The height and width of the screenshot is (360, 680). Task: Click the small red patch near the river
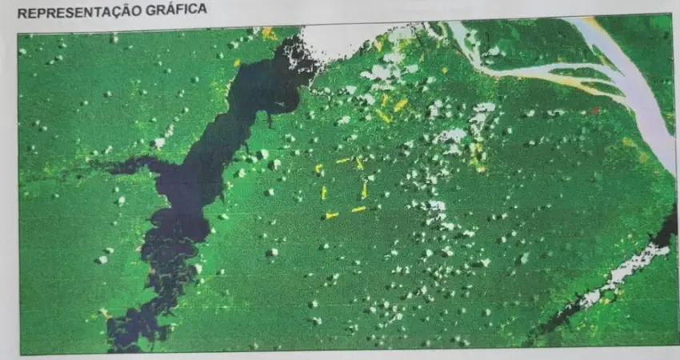(594, 110)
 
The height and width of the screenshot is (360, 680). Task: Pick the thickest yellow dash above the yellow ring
(400, 105)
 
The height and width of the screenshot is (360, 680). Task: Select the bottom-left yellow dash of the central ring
(331, 214)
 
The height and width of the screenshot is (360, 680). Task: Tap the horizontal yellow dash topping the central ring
(343, 161)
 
